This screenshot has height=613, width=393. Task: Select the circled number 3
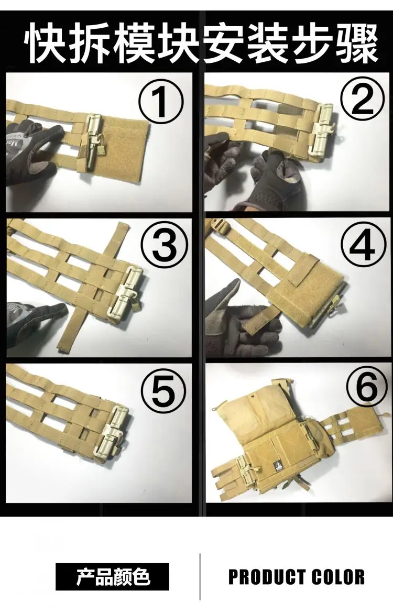pyautogui.click(x=164, y=245)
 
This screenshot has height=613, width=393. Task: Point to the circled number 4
pyautogui.click(x=362, y=245)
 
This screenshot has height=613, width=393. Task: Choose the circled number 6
pyautogui.click(x=366, y=387)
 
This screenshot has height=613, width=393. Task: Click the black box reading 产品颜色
pyautogui.click(x=112, y=577)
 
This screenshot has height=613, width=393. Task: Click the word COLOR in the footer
pyautogui.click(x=339, y=577)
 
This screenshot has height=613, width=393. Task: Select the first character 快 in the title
pyautogui.click(x=46, y=43)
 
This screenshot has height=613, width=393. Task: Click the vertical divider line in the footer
pyautogui.click(x=200, y=577)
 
